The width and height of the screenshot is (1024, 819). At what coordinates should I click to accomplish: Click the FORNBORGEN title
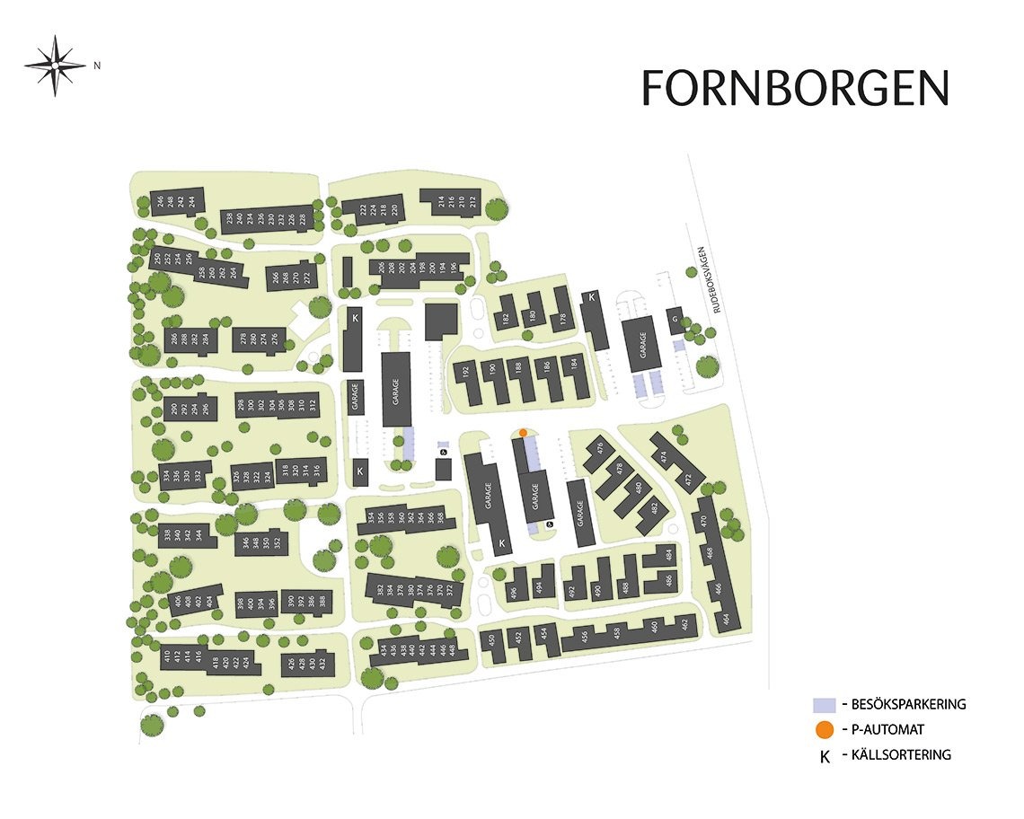pyautogui.click(x=795, y=88)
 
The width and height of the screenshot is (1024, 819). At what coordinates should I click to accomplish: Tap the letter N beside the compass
pyautogui.click(x=97, y=65)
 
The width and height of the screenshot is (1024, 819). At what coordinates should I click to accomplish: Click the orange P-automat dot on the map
pyautogui.click(x=523, y=432)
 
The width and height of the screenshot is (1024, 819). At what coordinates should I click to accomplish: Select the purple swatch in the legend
pyautogui.click(x=824, y=705)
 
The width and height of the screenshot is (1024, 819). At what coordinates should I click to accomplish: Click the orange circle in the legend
pyautogui.click(x=824, y=730)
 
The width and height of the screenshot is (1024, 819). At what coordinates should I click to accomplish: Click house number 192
pyautogui.click(x=465, y=372)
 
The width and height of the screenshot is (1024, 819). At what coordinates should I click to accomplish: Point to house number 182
pyautogui.click(x=506, y=319)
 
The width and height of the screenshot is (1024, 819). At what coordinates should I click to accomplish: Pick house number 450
pyautogui.click(x=490, y=641)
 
